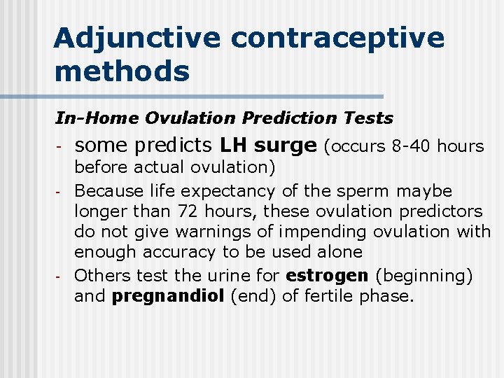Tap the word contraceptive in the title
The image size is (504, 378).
(x=337, y=38)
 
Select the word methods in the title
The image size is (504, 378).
(x=121, y=71)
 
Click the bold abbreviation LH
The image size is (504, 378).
(x=234, y=146)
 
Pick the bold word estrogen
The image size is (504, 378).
(x=326, y=276)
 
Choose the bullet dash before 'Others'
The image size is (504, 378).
(x=60, y=276)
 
